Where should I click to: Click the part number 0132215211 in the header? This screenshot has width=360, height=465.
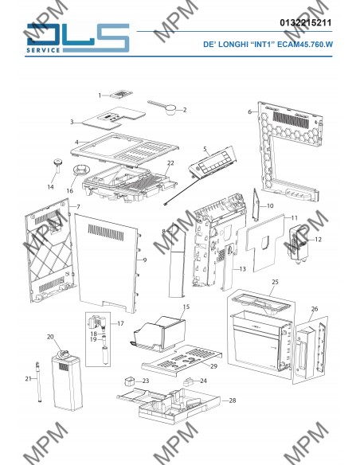click(x=305, y=22)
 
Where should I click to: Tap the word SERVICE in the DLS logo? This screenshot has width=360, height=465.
click(x=43, y=50)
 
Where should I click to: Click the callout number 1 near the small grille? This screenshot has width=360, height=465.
click(x=100, y=96)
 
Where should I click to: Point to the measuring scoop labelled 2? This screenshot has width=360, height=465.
click(x=163, y=107)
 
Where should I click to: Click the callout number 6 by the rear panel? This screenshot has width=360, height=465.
click(x=249, y=111)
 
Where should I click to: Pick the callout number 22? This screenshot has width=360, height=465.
click(x=170, y=163)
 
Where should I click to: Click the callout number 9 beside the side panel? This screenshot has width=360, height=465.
click(x=145, y=260)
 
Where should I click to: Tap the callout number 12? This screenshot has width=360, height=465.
click(x=319, y=240)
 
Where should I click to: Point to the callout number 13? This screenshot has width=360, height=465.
click(x=243, y=269)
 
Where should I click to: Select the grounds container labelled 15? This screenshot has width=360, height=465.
click(x=158, y=334)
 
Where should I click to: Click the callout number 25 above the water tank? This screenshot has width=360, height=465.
click(x=276, y=282)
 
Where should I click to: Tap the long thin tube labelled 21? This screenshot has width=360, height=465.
click(x=38, y=382)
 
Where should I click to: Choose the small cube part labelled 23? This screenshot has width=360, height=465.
click(x=129, y=381)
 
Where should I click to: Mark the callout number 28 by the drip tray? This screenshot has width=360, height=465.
click(x=233, y=401)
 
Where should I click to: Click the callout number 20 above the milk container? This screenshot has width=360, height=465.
click(x=50, y=337)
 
